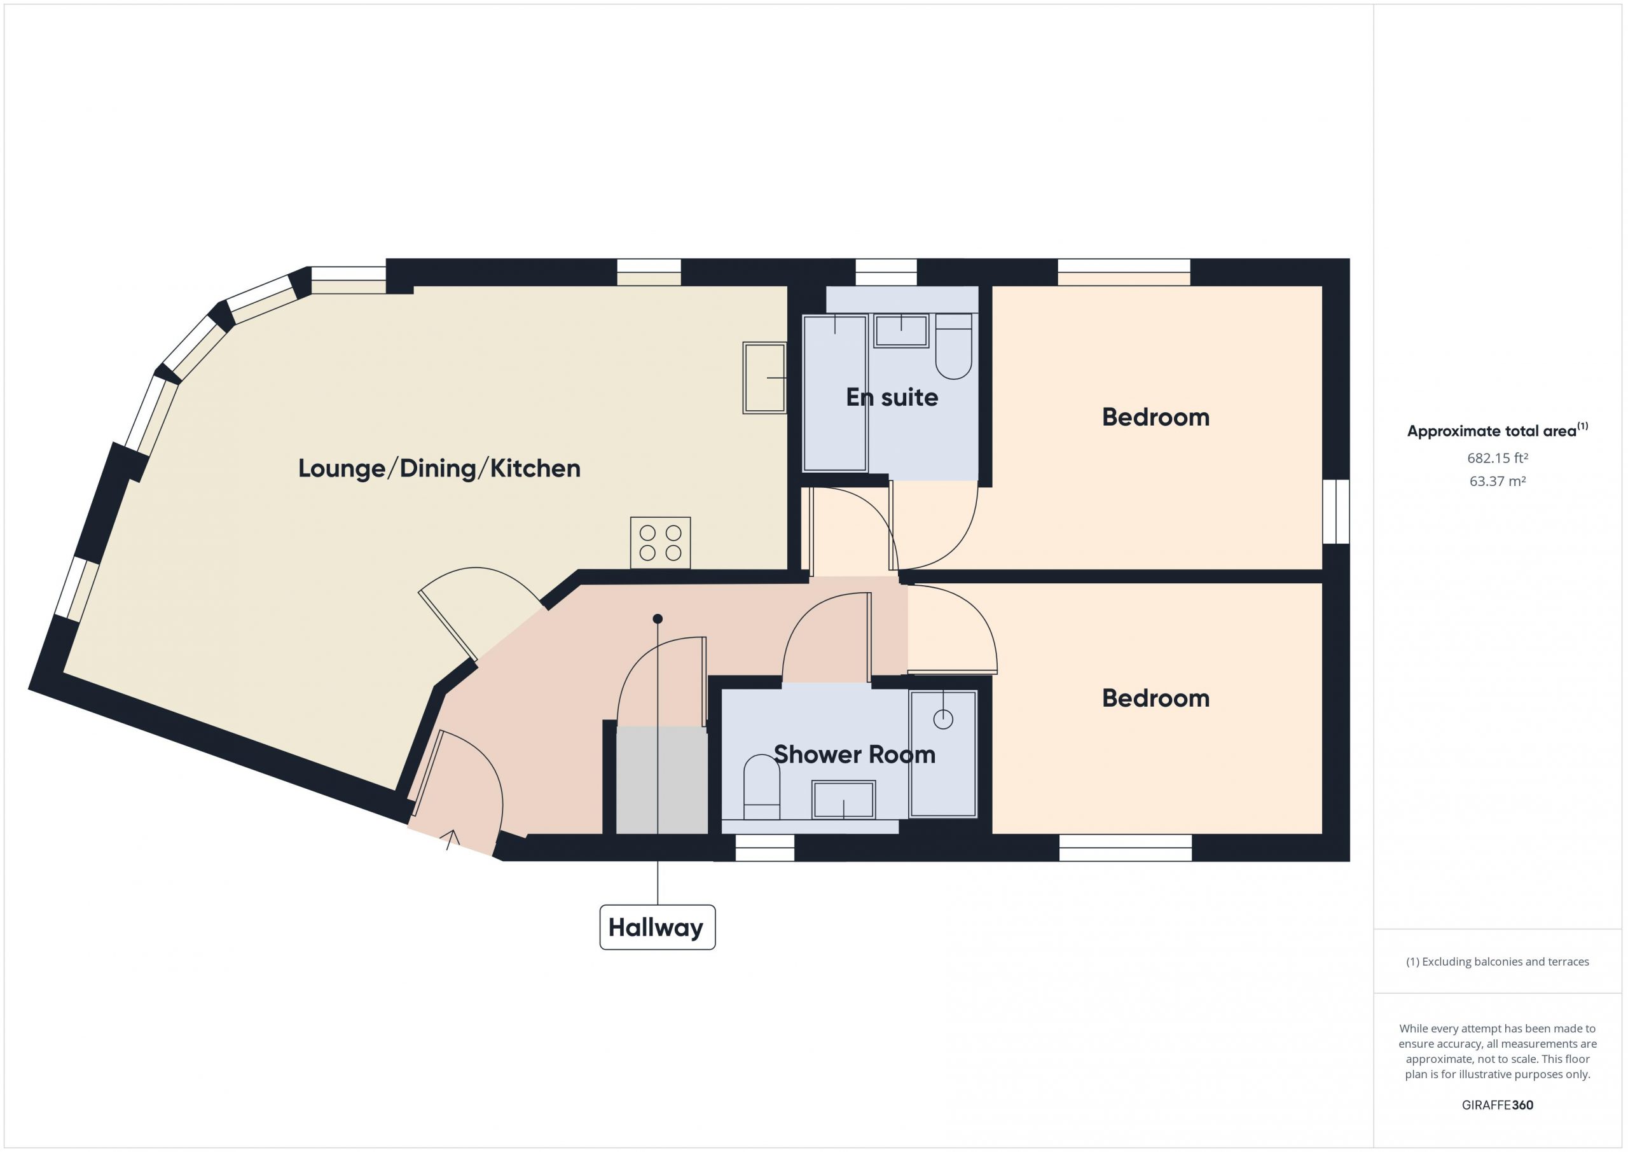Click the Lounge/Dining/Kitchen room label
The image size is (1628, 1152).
tap(439, 469)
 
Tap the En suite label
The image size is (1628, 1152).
tap(892, 397)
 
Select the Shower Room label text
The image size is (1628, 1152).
tap(855, 754)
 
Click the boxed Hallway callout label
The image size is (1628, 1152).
tap(658, 927)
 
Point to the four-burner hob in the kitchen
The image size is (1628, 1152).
tap(660, 543)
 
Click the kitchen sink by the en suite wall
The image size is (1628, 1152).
tap(764, 378)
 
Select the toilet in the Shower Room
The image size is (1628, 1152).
tap(761, 788)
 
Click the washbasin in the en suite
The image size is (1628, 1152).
tap(901, 331)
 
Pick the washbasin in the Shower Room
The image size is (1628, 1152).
tap(844, 800)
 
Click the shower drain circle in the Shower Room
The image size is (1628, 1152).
tap(943, 719)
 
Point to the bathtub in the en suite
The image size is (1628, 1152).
tap(835, 393)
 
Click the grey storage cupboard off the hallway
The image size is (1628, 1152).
tap(661, 781)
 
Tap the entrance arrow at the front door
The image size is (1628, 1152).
tap(451, 840)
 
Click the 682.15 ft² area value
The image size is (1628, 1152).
tap(1498, 458)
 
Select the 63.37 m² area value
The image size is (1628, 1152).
tap(1498, 481)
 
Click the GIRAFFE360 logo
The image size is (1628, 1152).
tap(1498, 1104)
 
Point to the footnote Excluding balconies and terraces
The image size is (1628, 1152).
tap(1498, 962)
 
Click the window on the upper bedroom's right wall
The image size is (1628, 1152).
tap(1336, 511)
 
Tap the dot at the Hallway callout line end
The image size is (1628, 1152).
tap(658, 618)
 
